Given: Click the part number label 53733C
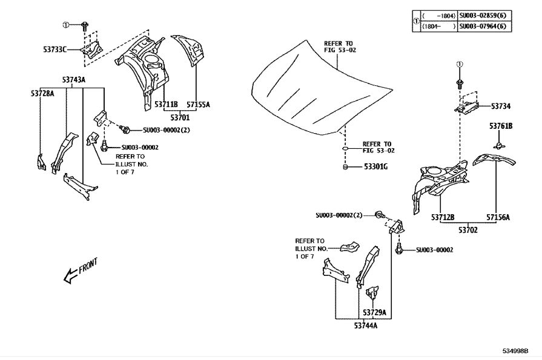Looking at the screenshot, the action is pos(55,50).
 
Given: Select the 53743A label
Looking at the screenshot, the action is pos(74,80).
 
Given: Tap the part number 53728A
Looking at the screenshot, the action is pos(42,93).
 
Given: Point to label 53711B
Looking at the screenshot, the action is pos(166,104).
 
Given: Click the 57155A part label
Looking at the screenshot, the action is pos(198,104).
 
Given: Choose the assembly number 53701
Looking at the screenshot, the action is pos(180,118).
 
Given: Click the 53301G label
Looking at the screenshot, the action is pos(375,167).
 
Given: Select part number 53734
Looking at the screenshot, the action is pos(501,106).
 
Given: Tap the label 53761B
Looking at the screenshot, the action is pos(501,126).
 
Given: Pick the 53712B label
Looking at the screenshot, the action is pos(443,217).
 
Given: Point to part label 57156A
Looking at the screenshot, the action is pos(498,217).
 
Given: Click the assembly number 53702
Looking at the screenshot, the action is pos(468,230).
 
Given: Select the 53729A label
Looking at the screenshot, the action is pos(374,313).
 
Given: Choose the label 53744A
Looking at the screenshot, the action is pos(366,326).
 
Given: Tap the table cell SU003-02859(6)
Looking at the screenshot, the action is pos(484,16).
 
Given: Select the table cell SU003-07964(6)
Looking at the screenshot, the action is pos(484,26).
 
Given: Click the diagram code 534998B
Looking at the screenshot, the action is pos(515,351).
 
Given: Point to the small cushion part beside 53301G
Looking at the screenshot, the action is pos(345,167).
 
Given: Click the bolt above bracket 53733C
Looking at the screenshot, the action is pos(85,25).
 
